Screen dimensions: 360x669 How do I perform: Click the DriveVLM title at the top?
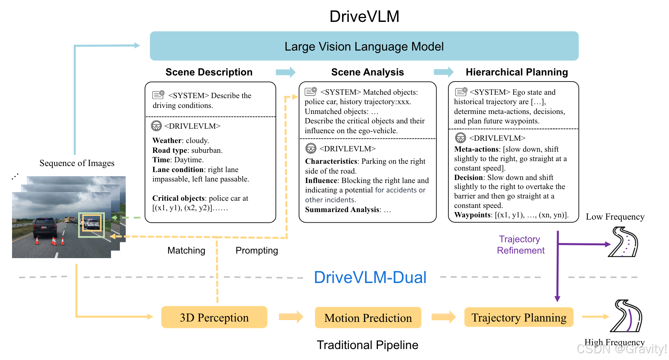pos(364,17)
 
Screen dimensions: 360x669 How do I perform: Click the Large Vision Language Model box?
pos(364,46)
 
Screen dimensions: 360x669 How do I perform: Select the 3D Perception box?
pos(214,317)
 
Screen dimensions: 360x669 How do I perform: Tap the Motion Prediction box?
pos(368,318)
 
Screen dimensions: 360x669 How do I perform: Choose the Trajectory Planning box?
pos(519,317)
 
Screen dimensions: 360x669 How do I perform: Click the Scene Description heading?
pos(209,72)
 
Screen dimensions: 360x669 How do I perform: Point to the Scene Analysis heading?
pos(367,72)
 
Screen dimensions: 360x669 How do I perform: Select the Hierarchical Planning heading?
pos(517,72)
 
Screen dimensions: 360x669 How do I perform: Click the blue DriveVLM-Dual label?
pos(370,277)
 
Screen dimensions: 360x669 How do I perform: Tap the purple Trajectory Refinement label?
pos(520,245)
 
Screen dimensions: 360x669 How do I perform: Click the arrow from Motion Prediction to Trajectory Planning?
pos(443,317)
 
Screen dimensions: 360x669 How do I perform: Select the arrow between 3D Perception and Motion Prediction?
pos(291,317)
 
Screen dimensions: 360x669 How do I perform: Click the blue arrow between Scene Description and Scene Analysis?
pos(285,72)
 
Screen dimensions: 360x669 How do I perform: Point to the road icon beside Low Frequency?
pos(623,242)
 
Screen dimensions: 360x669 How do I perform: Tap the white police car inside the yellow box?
pos(91,224)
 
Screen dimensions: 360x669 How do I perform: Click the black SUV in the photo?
pos(45,228)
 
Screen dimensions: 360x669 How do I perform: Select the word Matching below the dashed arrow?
pos(186,251)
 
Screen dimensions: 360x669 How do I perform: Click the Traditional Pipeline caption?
pos(367,345)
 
